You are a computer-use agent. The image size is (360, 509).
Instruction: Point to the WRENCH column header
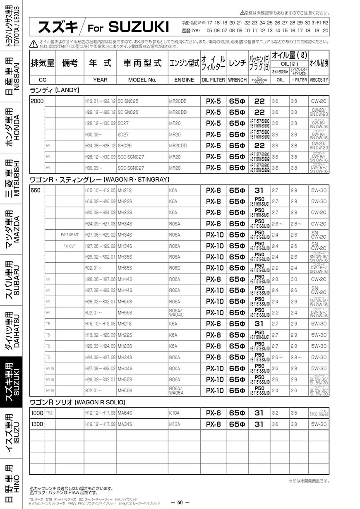tap(237, 79)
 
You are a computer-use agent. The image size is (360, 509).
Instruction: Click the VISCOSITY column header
tap(319, 79)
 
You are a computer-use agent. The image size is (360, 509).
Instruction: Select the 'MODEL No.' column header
tap(142, 79)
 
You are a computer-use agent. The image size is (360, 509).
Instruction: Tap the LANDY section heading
tap(55, 90)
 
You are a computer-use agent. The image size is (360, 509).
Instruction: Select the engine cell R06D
tap(175, 268)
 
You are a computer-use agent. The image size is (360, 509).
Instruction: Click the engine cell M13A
tap(174, 424)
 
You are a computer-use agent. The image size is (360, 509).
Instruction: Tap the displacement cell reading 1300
tap(37, 424)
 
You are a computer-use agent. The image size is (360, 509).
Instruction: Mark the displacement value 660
tap(36, 190)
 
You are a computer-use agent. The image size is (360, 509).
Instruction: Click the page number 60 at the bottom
tap(180, 503)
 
